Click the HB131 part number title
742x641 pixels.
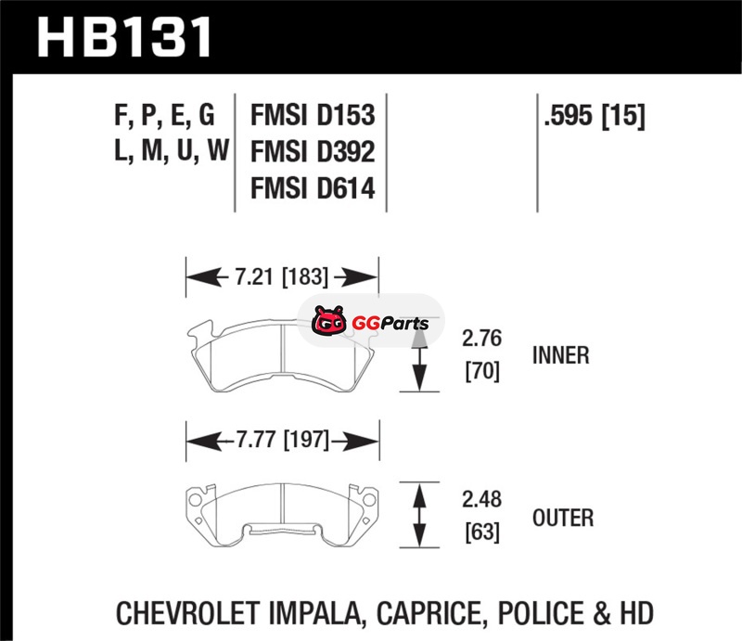pyautogui.click(x=124, y=37)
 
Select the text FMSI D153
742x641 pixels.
pyautogui.click(x=313, y=115)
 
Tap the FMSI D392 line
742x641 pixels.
pyautogui.click(x=313, y=151)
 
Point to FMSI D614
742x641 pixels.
pyautogui.click(x=313, y=188)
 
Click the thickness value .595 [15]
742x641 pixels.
pyautogui.click(x=595, y=115)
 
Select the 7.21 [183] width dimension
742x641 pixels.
pyautogui.click(x=282, y=277)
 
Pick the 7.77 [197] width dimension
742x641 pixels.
pyautogui.click(x=283, y=440)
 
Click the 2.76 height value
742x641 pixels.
pyautogui.click(x=481, y=339)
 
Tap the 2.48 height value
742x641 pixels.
pyautogui.click(x=481, y=499)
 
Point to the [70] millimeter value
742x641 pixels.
pyautogui.click(x=482, y=371)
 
